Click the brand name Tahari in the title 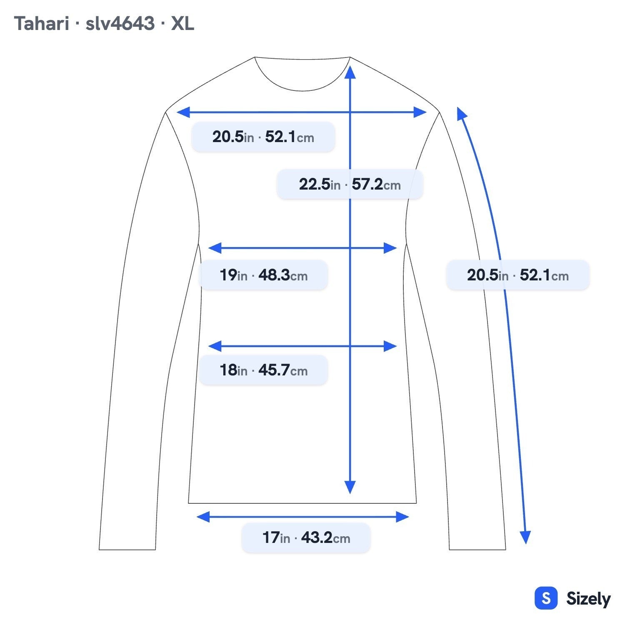[41, 24]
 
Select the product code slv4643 [120, 24]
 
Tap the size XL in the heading [182, 24]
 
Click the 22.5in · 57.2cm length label [350, 184]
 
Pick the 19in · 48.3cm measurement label [263, 275]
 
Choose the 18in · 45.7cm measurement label [263, 370]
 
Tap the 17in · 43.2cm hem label [306, 537]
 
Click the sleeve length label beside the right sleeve [518, 275]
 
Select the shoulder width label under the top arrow [263, 137]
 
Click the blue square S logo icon [546, 598]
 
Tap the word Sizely [588, 599]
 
